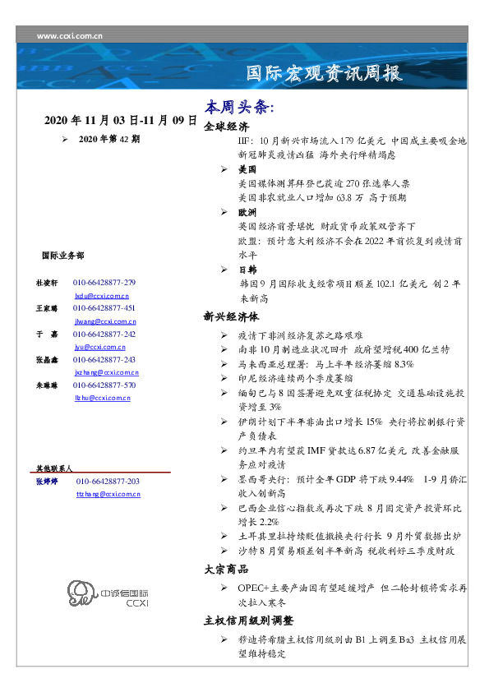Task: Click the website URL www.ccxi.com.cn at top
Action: [x=70, y=36]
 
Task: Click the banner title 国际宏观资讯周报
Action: [x=325, y=74]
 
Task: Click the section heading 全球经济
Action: [x=226, y=127]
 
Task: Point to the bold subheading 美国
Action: [x=247, y=169]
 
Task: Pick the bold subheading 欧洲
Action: [x=247, y=212]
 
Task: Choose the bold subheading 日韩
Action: [x=247, y=270]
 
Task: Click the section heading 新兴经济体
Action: [x=232, y=316]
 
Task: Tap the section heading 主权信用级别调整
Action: [x=248, y=620]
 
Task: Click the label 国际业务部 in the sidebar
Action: [x=62, y=256]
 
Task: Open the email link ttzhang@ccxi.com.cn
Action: [x=108, y=494]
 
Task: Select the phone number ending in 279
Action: [x=104, y=282]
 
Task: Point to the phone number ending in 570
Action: [x=104, y=385]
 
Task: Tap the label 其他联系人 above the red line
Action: [x=54, y=467]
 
